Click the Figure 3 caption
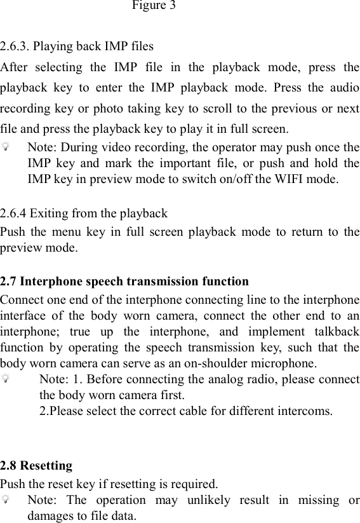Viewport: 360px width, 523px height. [154, 6]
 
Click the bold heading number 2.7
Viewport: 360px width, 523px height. [9, 281]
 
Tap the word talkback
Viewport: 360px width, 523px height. [335, 332]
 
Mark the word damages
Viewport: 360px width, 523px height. [49, 515]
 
